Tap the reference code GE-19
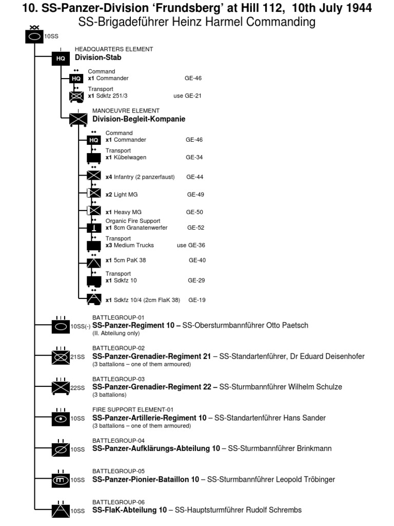[x=197, y=299]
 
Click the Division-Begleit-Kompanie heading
[x=139, y=119]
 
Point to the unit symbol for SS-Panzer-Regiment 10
[x=61, y=326]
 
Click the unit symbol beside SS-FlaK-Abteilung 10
[x=61, y=511]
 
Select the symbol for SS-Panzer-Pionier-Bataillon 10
[x=61, y=480]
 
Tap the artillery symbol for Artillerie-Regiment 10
[x=61, y=419]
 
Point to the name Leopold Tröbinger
[x=302, y=479]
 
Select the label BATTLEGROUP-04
[x=119, y=440]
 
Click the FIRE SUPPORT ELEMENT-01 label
[x=130, y=409]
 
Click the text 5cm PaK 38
[x=126, y=260]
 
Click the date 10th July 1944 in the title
[x=328, y=8]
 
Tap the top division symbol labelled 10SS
[x=34, y=37]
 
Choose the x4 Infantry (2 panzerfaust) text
[x=140, y=177]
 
